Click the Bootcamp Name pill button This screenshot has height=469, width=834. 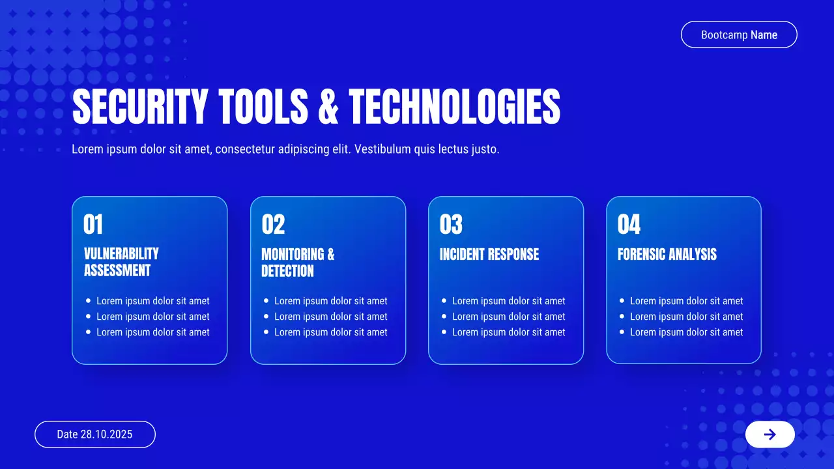739,35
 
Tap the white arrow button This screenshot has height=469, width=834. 770,434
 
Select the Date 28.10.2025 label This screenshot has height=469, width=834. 94,434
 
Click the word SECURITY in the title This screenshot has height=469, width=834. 140,106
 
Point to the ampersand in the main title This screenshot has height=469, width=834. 328,106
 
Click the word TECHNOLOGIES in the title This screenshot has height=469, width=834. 455,106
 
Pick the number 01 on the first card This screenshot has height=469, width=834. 93,224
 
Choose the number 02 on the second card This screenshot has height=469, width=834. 273,224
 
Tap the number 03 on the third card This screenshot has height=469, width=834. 451,224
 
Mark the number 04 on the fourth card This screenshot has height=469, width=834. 629,224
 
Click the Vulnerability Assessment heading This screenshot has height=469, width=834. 121,262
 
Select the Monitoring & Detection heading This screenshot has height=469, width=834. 298,263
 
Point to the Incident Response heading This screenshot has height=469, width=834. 489,255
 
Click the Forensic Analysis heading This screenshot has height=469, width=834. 667,255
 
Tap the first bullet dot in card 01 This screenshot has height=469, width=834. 88,301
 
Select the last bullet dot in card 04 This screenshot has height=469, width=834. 622,332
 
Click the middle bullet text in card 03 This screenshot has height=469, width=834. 509,317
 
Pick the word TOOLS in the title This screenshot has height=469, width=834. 263,106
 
